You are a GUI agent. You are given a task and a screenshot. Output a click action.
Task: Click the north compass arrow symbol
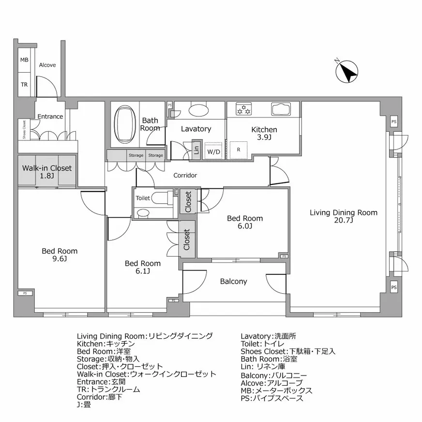pyautogui.click(x=347, y=72)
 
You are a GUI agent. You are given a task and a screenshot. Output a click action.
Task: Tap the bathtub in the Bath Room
pyautogui.click(x=125, y=124)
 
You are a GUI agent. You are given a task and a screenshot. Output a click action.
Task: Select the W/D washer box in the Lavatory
pyautogui.click(x=213, y=151)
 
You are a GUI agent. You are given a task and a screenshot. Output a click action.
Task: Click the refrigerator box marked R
pyautogui.click(x=239, y=150)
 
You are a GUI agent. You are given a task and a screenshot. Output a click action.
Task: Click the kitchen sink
pyautogui.click(x=280, y=109)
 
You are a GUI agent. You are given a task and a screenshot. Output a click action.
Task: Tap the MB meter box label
pyautogui.click(x=24, y=60)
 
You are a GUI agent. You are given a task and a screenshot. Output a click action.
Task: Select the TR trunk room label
pyautogui.click(x=24, y=84)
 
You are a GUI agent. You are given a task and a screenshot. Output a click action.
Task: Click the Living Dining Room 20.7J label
pyautogui.click(x=343, y=216)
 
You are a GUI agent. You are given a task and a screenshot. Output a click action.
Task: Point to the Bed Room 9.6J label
pyautogui.click(x=60, y=255)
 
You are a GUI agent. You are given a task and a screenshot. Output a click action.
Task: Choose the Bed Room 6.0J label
pyautogui.click(x=245, y=222)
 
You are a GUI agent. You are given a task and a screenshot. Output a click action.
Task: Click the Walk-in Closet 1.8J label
pyautogui.click(x=47, y=172)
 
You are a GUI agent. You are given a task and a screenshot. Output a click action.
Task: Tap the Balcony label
pyautogui.click(x=233, y=281)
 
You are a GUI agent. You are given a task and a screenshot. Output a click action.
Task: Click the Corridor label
pyautogui.click(x=185, y=176)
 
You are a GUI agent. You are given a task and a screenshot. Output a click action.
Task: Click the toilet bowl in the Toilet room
pyautogui.click(x=158, y=198)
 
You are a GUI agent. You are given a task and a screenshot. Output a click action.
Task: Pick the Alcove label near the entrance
pyautogui.click(x=47, y=65)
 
